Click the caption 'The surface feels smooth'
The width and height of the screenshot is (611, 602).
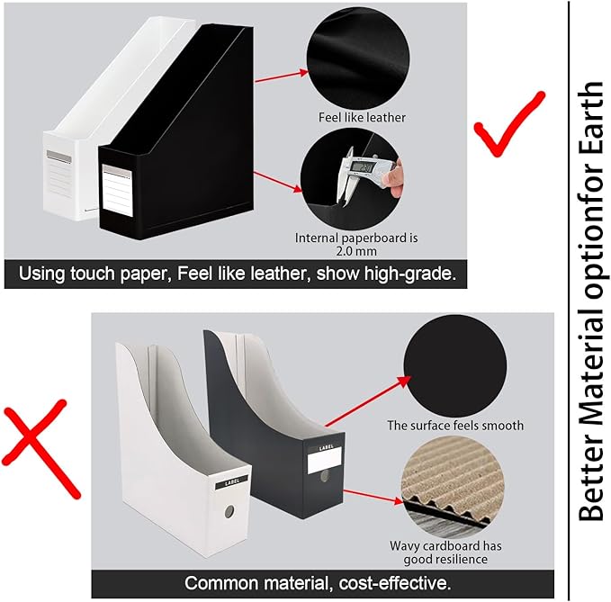pyautogui.click(x=454, y=425)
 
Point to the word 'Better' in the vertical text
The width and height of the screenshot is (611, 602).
pyautogui.click(x=590, y=477)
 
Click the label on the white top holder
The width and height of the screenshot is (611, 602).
pyautogui.click(x=58, y=165)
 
